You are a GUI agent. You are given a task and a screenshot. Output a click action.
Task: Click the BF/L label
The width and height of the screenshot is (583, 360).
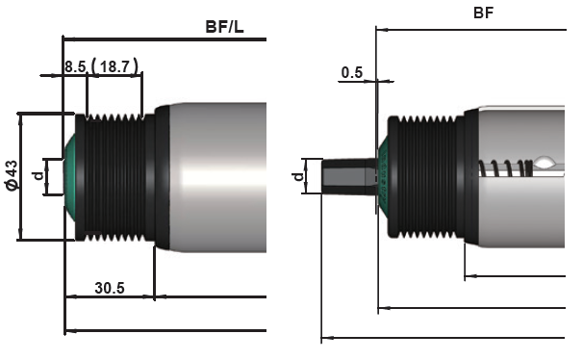[224, 27]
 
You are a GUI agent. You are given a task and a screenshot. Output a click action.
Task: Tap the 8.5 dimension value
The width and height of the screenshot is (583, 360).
[75, 67]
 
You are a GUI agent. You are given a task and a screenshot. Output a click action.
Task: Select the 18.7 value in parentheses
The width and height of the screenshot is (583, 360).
[114, 66]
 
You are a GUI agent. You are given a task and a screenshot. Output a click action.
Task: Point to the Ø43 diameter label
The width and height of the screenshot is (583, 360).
[12, 175]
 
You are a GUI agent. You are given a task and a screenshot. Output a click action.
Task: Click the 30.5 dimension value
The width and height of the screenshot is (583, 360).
[110, 288]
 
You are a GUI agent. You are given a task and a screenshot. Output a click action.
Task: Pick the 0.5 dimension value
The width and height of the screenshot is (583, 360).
[352, 72]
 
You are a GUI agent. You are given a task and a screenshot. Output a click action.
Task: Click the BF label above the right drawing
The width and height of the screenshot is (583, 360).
[483, 13]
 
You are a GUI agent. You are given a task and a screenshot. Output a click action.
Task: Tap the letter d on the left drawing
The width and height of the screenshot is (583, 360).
[38, 175]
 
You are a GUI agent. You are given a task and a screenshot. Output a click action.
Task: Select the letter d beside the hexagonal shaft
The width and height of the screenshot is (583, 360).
[298, 176]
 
